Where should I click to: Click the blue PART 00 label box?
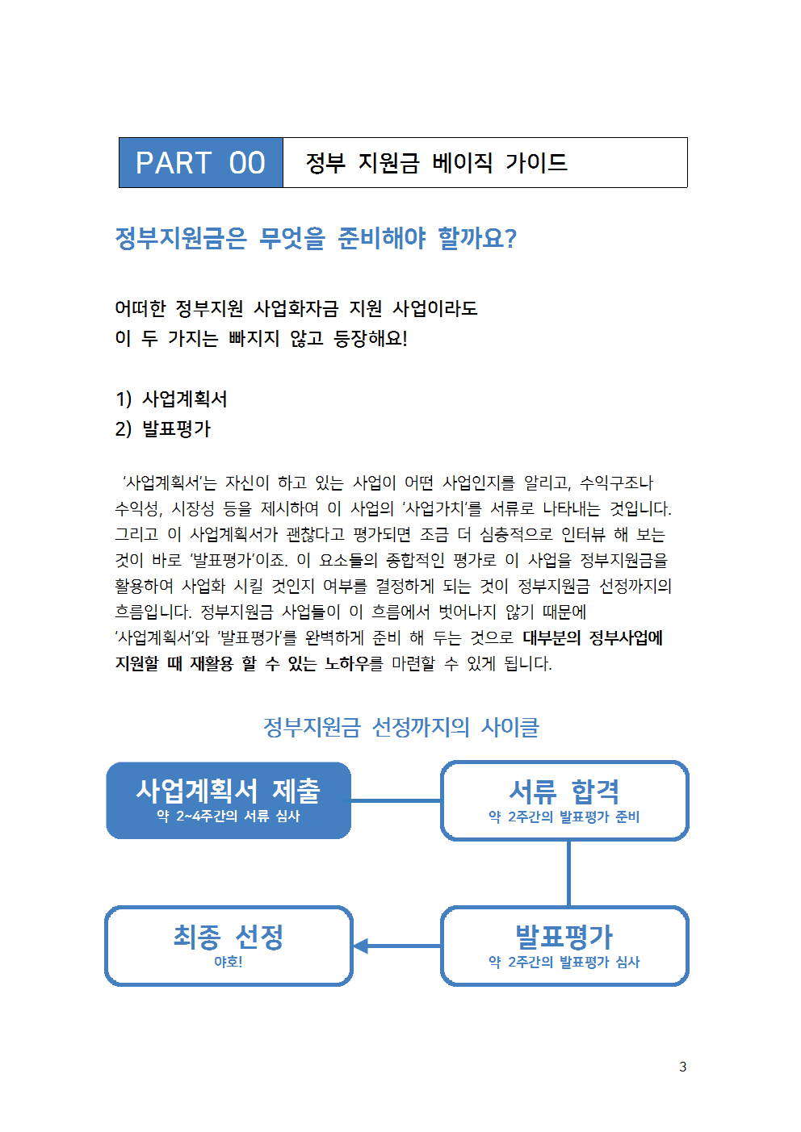(x=201, y=162)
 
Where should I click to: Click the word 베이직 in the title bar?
(x=462, y=163)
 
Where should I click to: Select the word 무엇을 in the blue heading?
(x=291, y=238)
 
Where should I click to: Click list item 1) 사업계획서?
(x=171, y=399)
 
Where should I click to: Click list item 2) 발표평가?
(x=163, y=428)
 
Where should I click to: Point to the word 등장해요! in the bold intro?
(x=370, y=338)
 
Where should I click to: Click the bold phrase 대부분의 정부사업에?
(x=593, y=637)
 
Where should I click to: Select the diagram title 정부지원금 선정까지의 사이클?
(x=401, y=727)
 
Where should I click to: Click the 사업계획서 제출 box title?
(x=228, y=791)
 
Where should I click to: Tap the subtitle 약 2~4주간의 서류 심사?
(x=228, y=816)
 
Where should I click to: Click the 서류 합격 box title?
(x=564, y=791)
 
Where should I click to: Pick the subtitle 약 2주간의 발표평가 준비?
(x=564, y=817)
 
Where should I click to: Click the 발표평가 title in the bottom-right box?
(x=564, y=937)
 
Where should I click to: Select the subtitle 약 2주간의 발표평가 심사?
(x=564, y=961)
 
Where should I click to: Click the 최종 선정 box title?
(x=228, y=937)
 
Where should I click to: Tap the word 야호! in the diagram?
(x=228, y=961)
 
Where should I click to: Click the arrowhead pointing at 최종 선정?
(x=360, y=946)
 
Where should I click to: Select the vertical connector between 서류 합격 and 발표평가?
(x=569, y=873)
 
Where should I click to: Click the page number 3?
(x=682, y=1067)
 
